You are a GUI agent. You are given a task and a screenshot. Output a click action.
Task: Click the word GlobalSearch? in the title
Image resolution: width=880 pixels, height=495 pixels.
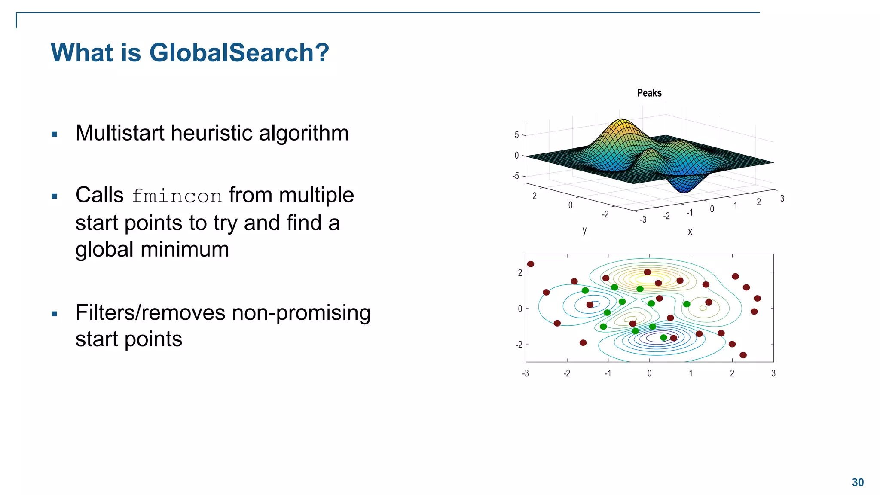point(239,53)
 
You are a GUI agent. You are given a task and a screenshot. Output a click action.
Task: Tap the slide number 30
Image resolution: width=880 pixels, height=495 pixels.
point(858,483)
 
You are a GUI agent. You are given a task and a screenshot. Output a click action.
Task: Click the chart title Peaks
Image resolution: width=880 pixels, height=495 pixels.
point(649,93)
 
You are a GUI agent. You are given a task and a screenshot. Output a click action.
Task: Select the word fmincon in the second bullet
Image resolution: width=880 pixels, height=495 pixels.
point(177,196)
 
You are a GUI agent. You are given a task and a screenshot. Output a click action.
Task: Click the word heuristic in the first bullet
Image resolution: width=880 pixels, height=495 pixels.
point(212,133)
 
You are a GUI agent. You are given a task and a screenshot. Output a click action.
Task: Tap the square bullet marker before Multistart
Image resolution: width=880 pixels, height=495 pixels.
point(54,134)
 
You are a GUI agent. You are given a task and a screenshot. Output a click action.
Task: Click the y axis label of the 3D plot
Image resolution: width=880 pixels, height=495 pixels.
point(584,230)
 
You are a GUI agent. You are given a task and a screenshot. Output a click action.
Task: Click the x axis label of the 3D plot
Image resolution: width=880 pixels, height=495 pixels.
point(690,232)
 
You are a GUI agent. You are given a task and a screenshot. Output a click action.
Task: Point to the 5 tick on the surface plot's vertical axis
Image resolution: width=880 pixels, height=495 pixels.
point(516,135)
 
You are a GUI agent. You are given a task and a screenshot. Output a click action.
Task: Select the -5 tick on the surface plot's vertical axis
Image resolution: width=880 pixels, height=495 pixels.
point(516,176)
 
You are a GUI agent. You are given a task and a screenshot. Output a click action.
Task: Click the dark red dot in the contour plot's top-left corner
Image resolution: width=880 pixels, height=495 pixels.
point(531,264)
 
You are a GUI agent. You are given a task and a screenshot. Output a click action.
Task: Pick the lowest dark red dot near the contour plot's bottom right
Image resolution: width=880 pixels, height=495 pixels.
point(743,355)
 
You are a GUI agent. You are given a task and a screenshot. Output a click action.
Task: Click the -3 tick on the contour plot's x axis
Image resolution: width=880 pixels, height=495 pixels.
point(525,373)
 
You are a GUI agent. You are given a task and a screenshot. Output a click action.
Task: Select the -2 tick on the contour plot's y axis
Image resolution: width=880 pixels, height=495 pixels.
point(519,345)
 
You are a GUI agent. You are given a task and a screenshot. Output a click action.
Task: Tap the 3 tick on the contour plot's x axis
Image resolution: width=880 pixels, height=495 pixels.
point(773,373)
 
